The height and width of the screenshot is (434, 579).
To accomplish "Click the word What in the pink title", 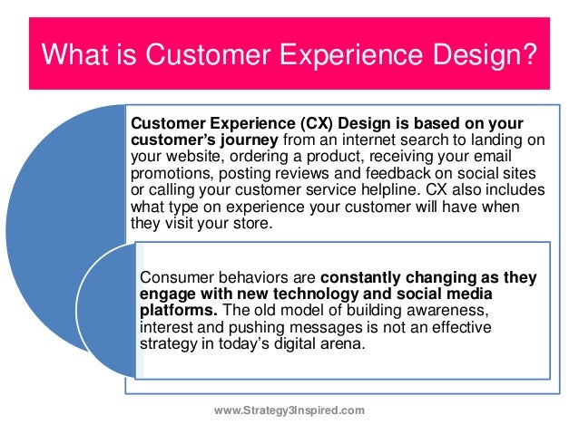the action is point(74,54).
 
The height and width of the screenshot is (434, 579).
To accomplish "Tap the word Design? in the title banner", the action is point(485,55).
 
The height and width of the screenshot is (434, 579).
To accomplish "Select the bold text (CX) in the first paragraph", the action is point(317,123).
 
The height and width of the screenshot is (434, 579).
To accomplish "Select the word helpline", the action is point(391,190).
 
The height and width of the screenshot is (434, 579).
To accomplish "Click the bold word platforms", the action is point(179,311).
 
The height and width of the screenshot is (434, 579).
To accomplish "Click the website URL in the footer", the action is point(289,410).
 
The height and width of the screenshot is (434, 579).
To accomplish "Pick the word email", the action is point(493,156).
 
